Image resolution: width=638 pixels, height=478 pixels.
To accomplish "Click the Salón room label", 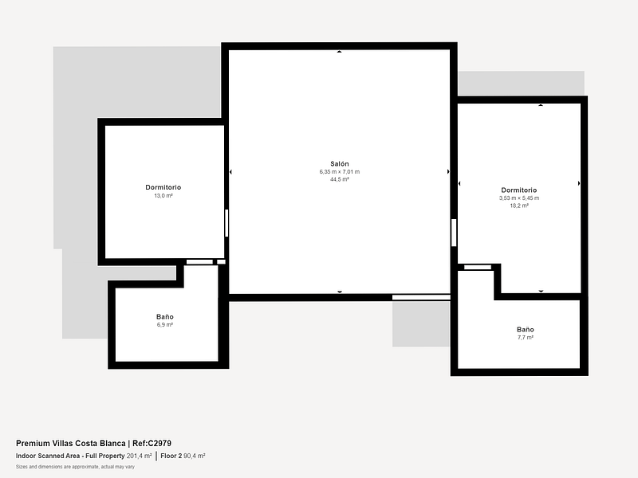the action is pos(340,164).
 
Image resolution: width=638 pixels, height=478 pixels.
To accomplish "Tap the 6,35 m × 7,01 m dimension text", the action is pos(340,172).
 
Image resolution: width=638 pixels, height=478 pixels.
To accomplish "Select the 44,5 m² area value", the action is pos(340,179).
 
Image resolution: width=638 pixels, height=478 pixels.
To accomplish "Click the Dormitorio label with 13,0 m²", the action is pos(163,187).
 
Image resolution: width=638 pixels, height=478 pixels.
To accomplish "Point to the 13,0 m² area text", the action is pos(163,195).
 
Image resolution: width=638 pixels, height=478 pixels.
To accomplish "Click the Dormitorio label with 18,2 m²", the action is pos(519,190).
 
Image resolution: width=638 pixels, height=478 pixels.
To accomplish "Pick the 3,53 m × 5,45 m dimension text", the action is pos(519,198).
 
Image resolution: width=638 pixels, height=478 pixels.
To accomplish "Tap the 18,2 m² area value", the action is pos(519,206).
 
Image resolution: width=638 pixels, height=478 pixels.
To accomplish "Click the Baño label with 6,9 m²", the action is pos(165,316).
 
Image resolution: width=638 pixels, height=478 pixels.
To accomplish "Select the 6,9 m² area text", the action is pos(165,325).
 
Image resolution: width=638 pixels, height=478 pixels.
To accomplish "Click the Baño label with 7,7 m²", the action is pos(526,330).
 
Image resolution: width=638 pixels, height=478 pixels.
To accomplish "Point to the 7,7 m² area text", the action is pos(526,337).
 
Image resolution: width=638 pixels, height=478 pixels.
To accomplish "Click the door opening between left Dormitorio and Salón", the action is pos(226,223).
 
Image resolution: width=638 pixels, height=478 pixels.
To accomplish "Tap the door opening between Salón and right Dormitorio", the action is pos(454,233).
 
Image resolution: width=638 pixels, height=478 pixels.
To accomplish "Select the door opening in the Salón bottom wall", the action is pos(421,297).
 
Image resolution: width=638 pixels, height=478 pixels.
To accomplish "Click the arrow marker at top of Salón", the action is pos(340,52).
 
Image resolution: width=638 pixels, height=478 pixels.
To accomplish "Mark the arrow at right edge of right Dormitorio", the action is pos(579,184).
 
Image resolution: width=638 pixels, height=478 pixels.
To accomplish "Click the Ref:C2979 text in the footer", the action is pos(152,444).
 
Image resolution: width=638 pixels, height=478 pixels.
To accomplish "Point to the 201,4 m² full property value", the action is pos(139,456).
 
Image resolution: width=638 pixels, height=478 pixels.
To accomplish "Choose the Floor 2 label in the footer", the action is pos(171,456).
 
